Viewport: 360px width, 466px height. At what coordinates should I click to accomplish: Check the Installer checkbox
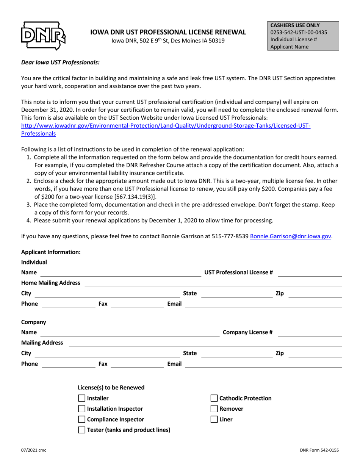coord(81,398)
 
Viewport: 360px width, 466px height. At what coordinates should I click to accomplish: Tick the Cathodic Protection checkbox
coord(214,398)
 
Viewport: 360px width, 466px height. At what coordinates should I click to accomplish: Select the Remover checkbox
coord(214,409)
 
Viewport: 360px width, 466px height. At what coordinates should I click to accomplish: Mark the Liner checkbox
coord(214,419)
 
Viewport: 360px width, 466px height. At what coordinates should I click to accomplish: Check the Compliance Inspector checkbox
coord(81,419)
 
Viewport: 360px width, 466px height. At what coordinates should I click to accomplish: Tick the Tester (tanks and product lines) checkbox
coord(81,430)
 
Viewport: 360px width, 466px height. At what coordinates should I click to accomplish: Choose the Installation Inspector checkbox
coord(81,409)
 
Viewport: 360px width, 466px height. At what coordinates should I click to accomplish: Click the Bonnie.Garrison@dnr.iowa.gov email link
coord(291,236)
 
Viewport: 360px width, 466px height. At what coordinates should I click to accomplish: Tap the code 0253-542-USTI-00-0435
coord(299,32)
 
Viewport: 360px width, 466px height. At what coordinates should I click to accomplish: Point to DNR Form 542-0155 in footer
coord(319,450)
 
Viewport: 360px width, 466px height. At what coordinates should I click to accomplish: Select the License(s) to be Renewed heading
coord(111,388)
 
